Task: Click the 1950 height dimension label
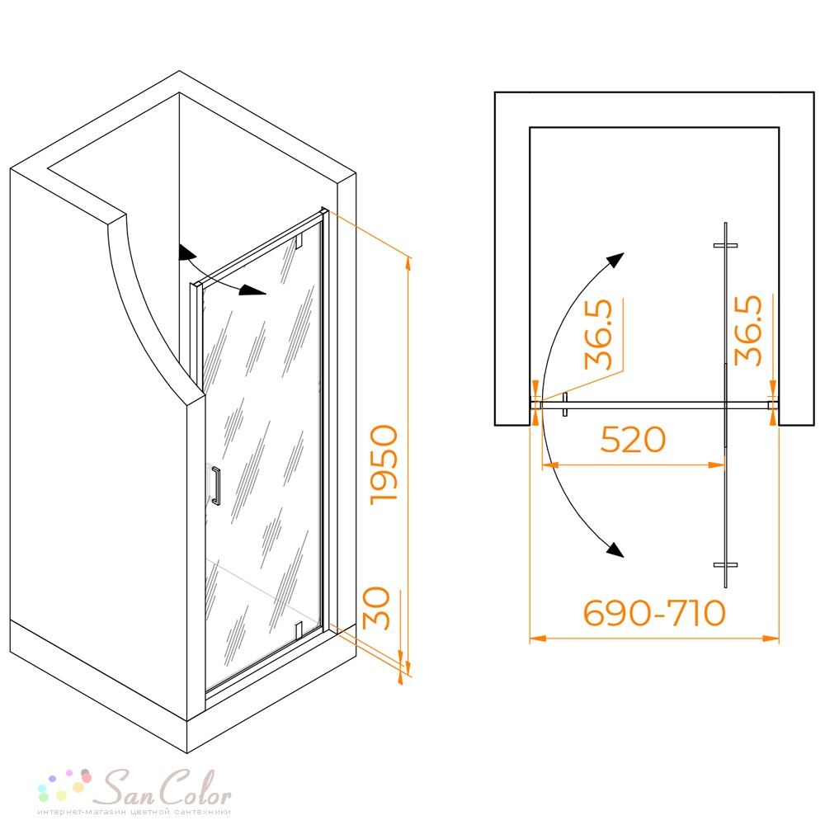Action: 384,465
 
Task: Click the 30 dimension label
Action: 377,608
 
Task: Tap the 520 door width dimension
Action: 633,440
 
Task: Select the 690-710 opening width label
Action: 654,613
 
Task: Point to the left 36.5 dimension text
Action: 599,334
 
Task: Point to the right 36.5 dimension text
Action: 748,331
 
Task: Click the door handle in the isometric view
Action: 215,486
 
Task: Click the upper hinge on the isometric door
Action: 299,241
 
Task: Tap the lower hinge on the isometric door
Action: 299,629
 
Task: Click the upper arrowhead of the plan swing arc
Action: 615,260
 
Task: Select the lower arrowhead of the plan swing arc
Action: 615,549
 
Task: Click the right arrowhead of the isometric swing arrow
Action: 252,290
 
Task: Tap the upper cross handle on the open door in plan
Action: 725,245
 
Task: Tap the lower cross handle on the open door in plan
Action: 725,565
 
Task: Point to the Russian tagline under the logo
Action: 134,812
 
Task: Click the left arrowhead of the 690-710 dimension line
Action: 537,639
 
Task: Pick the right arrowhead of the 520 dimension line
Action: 717,465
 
